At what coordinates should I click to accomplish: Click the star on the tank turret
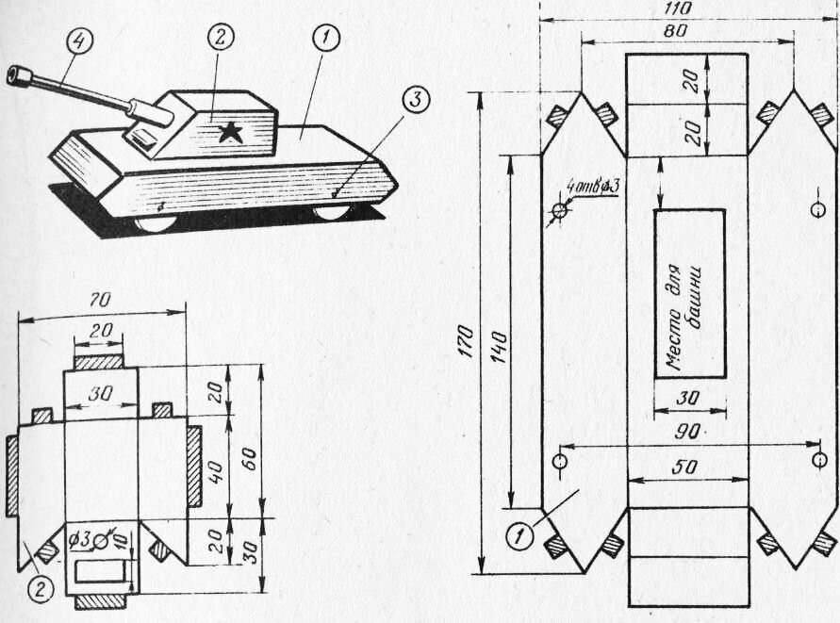click(x=231, y=132)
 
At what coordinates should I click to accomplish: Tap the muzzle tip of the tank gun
click(x=12, y=74)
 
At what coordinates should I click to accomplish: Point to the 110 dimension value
click(x=677, y=8)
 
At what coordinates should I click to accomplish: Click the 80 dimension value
click(x=676, y=30)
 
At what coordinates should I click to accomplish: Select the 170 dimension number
click(x=465, y=341)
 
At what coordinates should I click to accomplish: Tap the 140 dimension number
click(x=499, y=347)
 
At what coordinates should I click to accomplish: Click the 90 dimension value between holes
click(x=687, y=432)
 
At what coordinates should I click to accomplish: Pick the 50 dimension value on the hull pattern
click(x=684, y=467)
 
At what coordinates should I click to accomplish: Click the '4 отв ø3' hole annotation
click(x=592, y=188)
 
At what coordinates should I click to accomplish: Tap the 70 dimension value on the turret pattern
click(x=100, y=301)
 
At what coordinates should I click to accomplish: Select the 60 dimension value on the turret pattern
click(x=249, y=459)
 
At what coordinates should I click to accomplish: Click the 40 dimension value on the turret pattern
click(x=215, y=472)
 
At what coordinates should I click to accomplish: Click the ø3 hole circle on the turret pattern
click(x=100, y=543)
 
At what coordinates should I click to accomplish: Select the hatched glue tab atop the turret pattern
click(x=98, y=362)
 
